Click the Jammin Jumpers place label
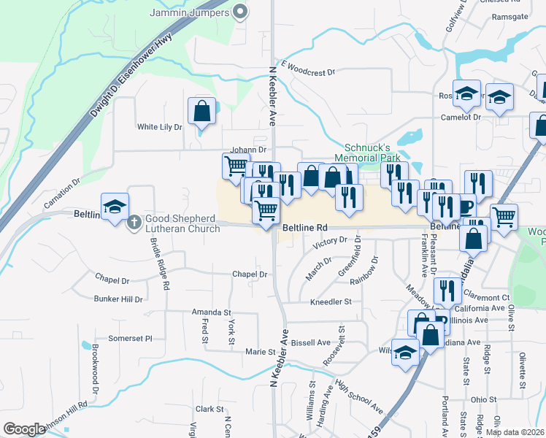click(x=191, y=13)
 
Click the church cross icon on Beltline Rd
click(x=134, y=220)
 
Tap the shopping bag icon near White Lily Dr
click(x=202, y=112)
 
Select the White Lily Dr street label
click(x=159, y=127)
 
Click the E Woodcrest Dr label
click(x=307, y=72)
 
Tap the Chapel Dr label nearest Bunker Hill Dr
click(x=112, y=280)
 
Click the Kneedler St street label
click(x=331, y=301)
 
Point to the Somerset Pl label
click(x=130, y=339)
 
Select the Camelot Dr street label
click(x=460, y=117)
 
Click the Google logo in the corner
click(x=24, y=429)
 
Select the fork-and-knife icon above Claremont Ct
click(x=447, y=291)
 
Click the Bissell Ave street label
click(x=311, y=342)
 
